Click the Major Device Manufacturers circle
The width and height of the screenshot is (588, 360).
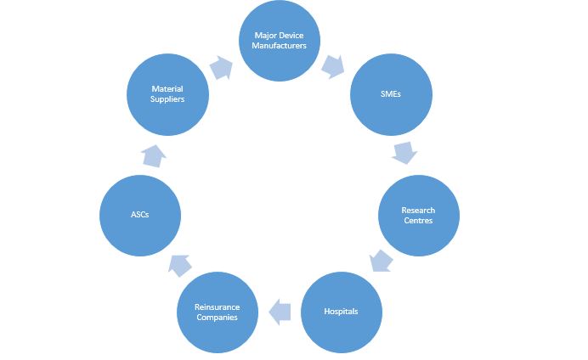tap(280, 41)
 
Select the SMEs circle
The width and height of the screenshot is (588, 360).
tap(391, 94)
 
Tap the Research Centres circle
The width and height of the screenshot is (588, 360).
tap(419, 216)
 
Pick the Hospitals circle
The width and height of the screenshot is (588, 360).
tap(342, 312)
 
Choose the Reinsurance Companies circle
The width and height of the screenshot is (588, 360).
tap(218, 312)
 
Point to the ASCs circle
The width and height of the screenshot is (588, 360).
tap(140, 216)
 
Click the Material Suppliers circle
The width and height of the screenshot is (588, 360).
tap(167, 94)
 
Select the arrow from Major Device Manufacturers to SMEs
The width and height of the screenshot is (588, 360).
tap(332, 67)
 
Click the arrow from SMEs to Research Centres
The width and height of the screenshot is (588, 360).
tap(404, 153)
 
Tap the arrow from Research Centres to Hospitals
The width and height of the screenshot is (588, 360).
tap(381, 261)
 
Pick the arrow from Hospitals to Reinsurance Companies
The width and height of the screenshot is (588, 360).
tap(280, 312)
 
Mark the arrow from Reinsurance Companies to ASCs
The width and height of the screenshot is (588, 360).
tap(180, 266)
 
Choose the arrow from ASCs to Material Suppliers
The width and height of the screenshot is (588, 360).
tap(154, 156)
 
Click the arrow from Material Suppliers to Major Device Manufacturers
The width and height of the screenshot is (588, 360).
tap(221, 68)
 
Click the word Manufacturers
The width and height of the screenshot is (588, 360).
tap(279, 46)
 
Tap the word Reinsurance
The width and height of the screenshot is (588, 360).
tap(218, 307)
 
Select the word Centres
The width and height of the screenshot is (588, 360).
tap(418, 221)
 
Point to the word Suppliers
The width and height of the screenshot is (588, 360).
tap(167, 99)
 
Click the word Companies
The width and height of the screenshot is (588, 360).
tap(218, 318)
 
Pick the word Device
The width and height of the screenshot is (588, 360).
tap(291, 36)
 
